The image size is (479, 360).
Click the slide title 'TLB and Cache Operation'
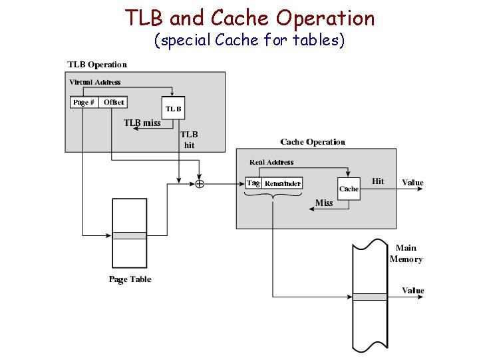pyautogui.click(x=249, y=18)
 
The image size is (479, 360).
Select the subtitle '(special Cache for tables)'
pyautogui.click(x=249, y=41)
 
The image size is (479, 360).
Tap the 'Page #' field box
pyautogui.click(x=84, y=103)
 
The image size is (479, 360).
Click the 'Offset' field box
pyautogui.click(x=113, y=103)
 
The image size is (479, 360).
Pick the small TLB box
pyautogui.click(x=173, y=109)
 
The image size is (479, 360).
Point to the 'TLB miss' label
pyautogui.click(x=142, y=123)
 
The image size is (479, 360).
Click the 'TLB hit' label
pyautogui.click(x=190, y=139)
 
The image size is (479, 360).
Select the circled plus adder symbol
pyautogui.click(x=199, y=183)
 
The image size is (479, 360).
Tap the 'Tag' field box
pyautogui.click(x=253, y=183)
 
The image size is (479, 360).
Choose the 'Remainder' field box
pyautogui.click(x=282, y=183)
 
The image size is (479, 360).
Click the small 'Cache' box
pyautogui.click(x=349, y=189)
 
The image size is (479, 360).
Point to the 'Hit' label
pyautogui.click(x=378, y=181)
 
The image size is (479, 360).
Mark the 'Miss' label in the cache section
pyautogui.click(x=324, y=203)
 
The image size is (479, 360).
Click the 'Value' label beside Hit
pyautogui.click(x=412, y=182)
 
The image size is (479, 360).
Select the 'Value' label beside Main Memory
pyautogui.click(x=412, y=291)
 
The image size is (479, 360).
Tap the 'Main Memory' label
pyautogui.click(x=406, y=253)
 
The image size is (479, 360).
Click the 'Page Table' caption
pyautogui.click(x=130, y=279)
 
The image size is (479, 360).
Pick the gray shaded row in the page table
pyautogui.click(x=129, y=235)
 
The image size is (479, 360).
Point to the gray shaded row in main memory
pyautogui.click(x=369, y=297)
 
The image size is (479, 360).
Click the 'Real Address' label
pyautogui.click(x=271, y=162)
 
